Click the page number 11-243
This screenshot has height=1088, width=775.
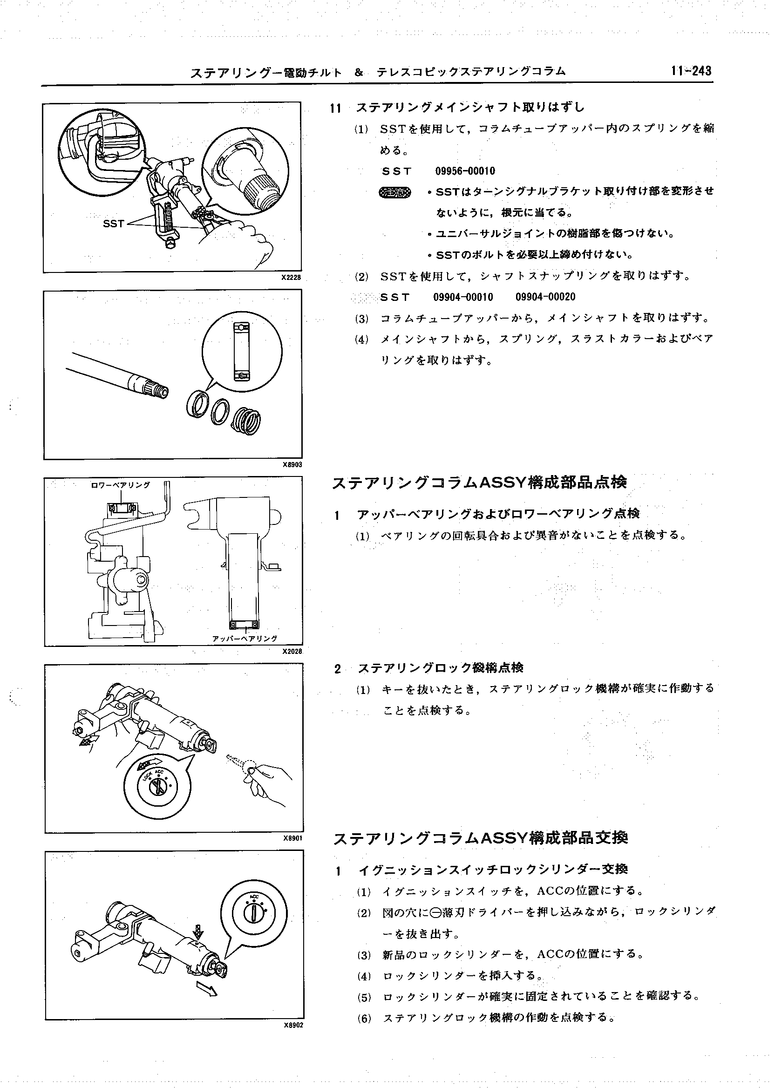tap(691, 71)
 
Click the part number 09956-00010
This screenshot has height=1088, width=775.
tap(465, 171)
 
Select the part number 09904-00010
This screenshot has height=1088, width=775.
tap(463, 297)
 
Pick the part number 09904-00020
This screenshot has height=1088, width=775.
tap(545, 297)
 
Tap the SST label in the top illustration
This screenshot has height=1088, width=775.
tap(114, 223)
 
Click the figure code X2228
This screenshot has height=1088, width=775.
tap(291, 277)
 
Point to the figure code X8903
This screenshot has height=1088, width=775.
tap(292, 464)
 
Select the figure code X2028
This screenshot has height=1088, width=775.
tap(292, 651)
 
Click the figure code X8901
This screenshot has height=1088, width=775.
tap(292, 838)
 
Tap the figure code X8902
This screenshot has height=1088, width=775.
tap(292, 1025)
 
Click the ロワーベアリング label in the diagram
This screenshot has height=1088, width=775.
tap(120, 485)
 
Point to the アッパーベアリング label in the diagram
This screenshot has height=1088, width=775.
tap(245, 638)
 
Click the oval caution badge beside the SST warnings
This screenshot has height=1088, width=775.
tap(394, 192)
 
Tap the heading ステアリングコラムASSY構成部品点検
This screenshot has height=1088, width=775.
tap(479, 483)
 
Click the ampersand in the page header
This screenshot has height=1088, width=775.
tap(359, 73)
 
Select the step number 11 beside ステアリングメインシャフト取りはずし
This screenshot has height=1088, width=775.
tap(336, 109)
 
